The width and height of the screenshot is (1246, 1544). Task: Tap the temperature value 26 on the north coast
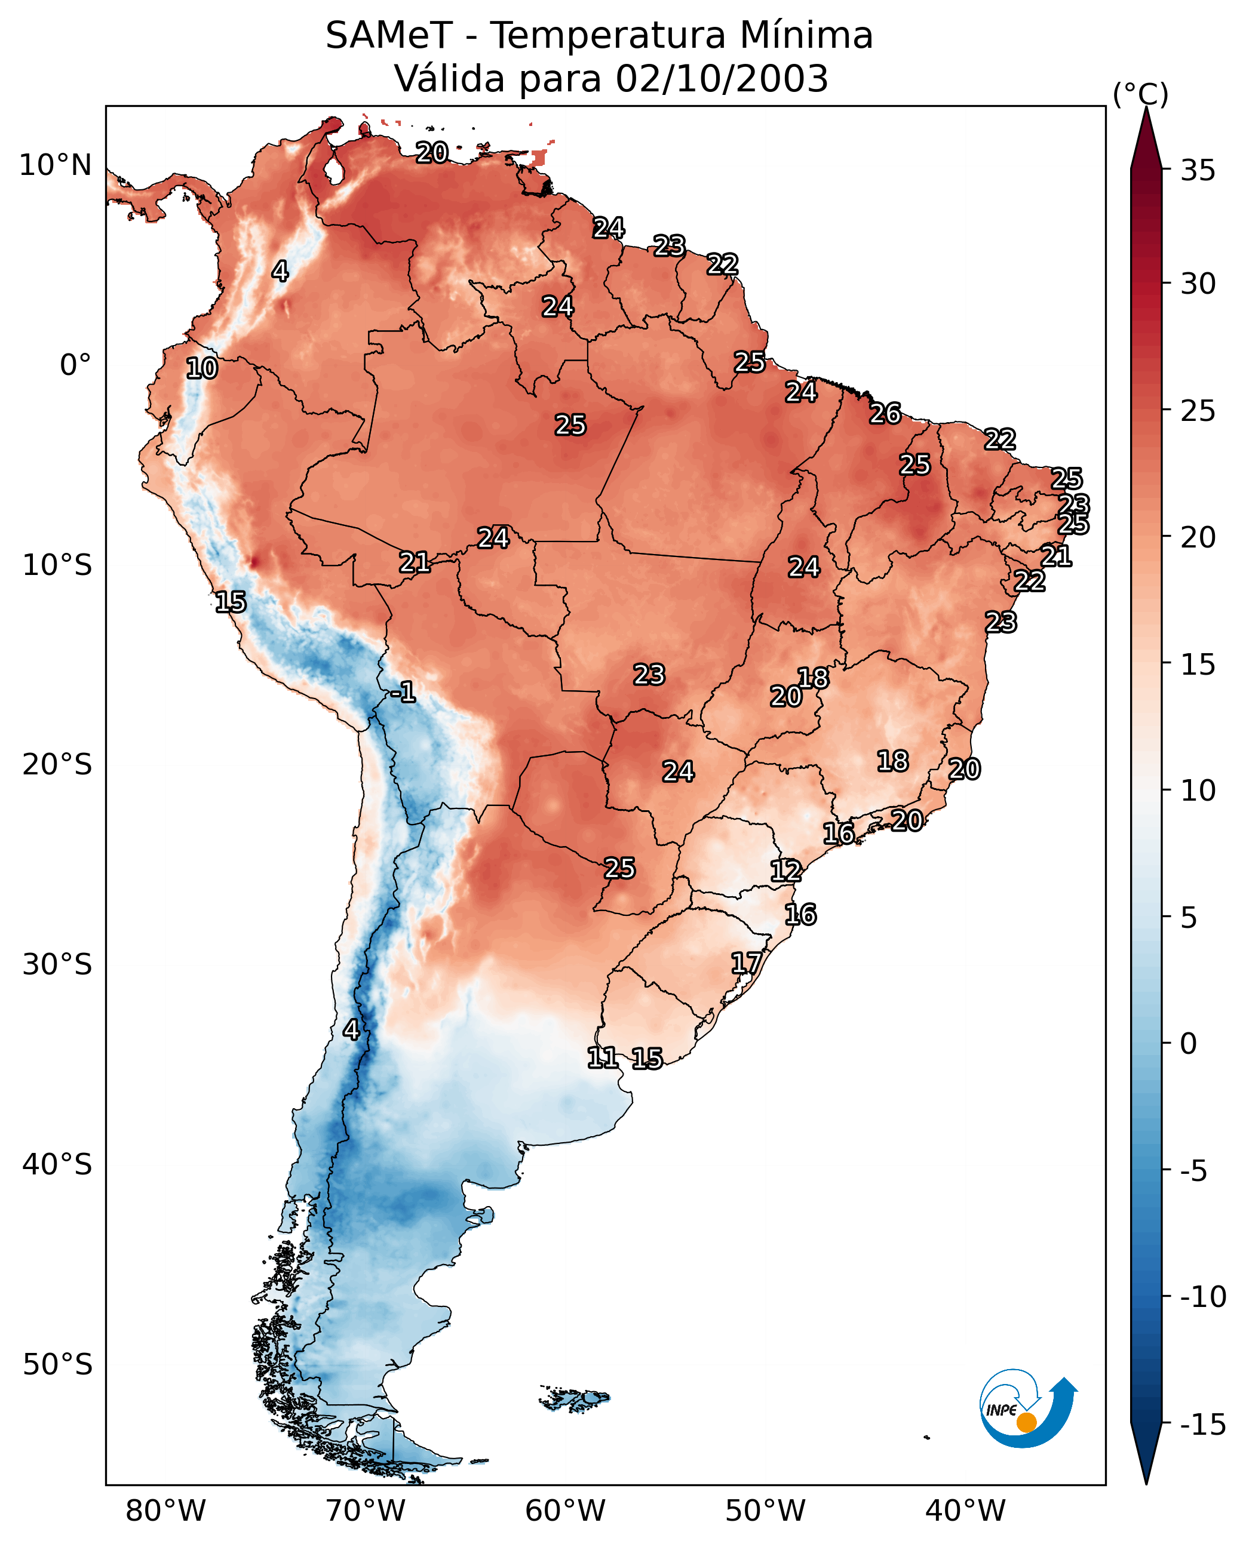pos(885,413)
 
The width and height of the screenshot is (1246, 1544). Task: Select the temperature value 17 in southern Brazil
pos(747,963)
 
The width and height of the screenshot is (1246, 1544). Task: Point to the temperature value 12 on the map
pos(786,871)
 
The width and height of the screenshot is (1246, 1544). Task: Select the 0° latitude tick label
pos(75,365)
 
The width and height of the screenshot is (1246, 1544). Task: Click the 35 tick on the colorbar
pos(1198,170)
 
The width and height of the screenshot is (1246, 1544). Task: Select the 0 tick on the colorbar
pos(1189,1043)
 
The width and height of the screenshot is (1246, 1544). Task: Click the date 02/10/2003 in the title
pos(722,78)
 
